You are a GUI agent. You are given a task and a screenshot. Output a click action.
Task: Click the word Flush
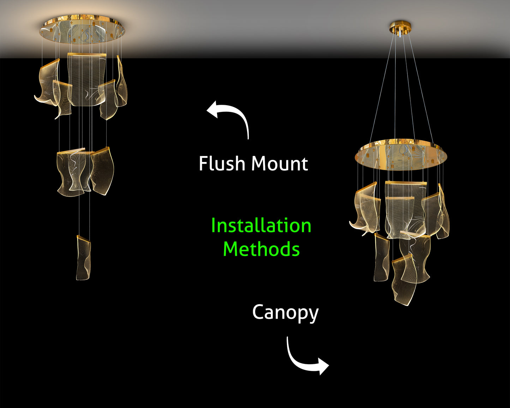tap(222, 164)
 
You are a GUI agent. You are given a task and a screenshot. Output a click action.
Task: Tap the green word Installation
tap(261, 226)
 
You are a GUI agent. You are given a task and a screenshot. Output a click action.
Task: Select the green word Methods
tap(261, 249)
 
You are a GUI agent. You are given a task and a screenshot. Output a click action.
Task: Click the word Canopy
tap(285, 313)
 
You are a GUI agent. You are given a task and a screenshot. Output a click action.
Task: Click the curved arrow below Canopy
tap(305, 360)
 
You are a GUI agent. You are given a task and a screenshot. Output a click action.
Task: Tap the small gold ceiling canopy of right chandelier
tap(400, 27)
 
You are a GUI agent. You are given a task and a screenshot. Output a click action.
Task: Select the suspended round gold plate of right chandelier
tap(401, 155)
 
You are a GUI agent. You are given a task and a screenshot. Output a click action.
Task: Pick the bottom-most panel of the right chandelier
tap(403, 281)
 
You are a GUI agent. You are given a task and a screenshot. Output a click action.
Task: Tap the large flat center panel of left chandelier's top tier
tap(86, 79)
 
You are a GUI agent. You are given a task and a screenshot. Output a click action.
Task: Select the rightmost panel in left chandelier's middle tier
tap(102, 171)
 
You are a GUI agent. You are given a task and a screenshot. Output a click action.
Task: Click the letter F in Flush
tap(203, 164)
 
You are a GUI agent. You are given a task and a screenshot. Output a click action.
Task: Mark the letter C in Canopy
tap(259, 313)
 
